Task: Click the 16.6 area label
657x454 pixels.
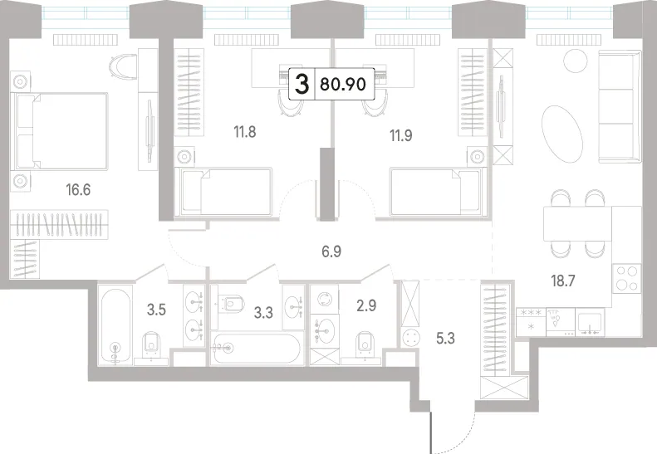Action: pyautogui.click(x=78, y=190)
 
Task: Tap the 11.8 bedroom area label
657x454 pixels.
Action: pyautogui.click(x=245, y=132)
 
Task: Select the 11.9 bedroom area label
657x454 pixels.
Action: pyautogui.click(x=401, y=135)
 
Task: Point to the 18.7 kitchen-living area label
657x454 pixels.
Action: pyautogui.click(x=562, y=281)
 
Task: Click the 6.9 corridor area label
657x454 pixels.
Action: pyautogui.click(x=331, y=251)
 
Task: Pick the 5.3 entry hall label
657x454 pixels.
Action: pyautogui.click(x=445, y=338)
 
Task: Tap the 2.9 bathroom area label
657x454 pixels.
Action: pyautogui.click(x=366, y=305)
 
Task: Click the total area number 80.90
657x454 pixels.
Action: pyautogui.click(x=343, y=84)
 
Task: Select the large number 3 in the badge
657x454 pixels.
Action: pyautogui.click(x=302, y=84)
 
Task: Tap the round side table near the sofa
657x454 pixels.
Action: pyautogui.click(x=576, y=61)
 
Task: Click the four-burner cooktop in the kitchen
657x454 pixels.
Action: pyautogui.click(x=626, y=278)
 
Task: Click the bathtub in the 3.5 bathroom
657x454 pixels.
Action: pyautogui.click(x=115, y=325)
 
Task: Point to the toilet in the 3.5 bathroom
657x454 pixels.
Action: pyautogui.click(x=151, y=345)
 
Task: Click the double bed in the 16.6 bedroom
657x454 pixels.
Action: pyautogui.click(x=61, y=131)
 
